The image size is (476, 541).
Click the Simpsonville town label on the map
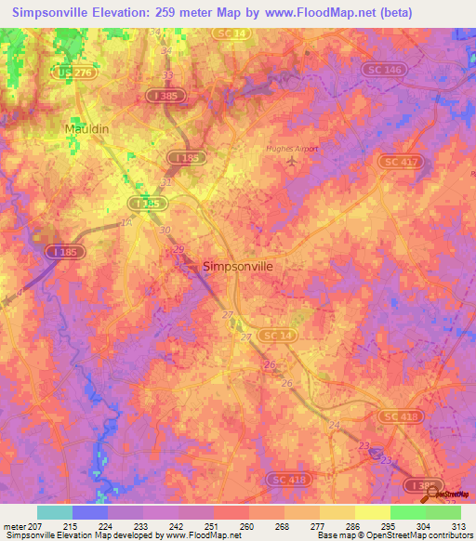pos(237,266)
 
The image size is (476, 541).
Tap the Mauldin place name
pos(87,128)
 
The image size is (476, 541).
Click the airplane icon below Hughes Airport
pos(293,162)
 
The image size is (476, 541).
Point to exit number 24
pos(335,424)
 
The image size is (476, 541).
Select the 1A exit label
pos(126,223)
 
